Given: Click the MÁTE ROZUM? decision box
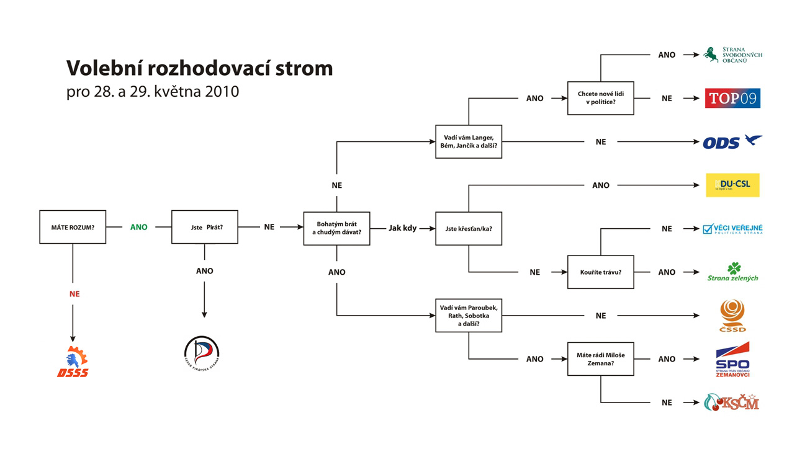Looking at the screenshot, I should [x=73, y=227].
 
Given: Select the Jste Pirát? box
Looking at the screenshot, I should [x=205, y=227].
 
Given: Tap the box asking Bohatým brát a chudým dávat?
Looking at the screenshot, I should [x=336, y=228].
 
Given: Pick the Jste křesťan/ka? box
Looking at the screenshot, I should [x=469, y=228].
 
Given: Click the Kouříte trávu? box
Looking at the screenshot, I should [x=600, y=272].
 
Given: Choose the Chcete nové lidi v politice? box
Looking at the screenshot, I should [x=600, y=98].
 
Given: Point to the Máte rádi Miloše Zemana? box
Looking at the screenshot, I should [x=600, y=358].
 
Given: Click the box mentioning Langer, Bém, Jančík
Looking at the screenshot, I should [x=469, y=141].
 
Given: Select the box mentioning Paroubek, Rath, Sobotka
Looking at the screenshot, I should [x=469, y=315].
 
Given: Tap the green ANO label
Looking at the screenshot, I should [x=139, y=227].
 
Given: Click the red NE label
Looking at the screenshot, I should [x=74, y=294].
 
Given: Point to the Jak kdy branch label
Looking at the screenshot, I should [x=403, y=228].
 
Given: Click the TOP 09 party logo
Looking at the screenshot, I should [x=732, y=98].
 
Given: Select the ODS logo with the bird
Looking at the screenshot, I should [x=732, y=142].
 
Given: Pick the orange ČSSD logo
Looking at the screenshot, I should [x=732, y=316].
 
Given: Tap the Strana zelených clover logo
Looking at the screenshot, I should [x=733, y=272].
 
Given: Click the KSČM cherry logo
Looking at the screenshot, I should [x=732, y=402].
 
